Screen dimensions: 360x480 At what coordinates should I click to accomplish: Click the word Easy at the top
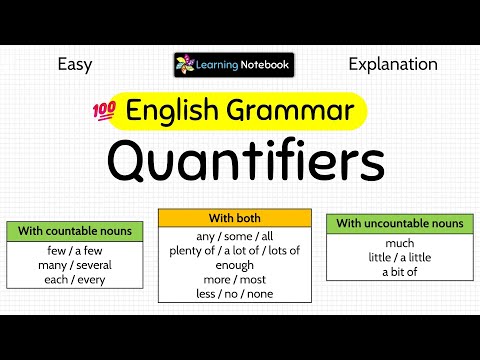[x=75, y=65]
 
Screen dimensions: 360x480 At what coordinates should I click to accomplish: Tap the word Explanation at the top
[x=393, y=65]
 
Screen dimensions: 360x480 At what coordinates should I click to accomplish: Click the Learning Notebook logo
[x=233, y=65]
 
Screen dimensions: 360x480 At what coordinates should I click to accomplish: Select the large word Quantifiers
[x=246, y=160]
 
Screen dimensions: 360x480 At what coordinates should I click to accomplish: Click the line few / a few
[x=76, y=250]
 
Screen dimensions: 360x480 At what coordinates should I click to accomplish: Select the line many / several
[x=76, y=264]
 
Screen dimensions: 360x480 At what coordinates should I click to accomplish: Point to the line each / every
[x=76, y=279]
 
